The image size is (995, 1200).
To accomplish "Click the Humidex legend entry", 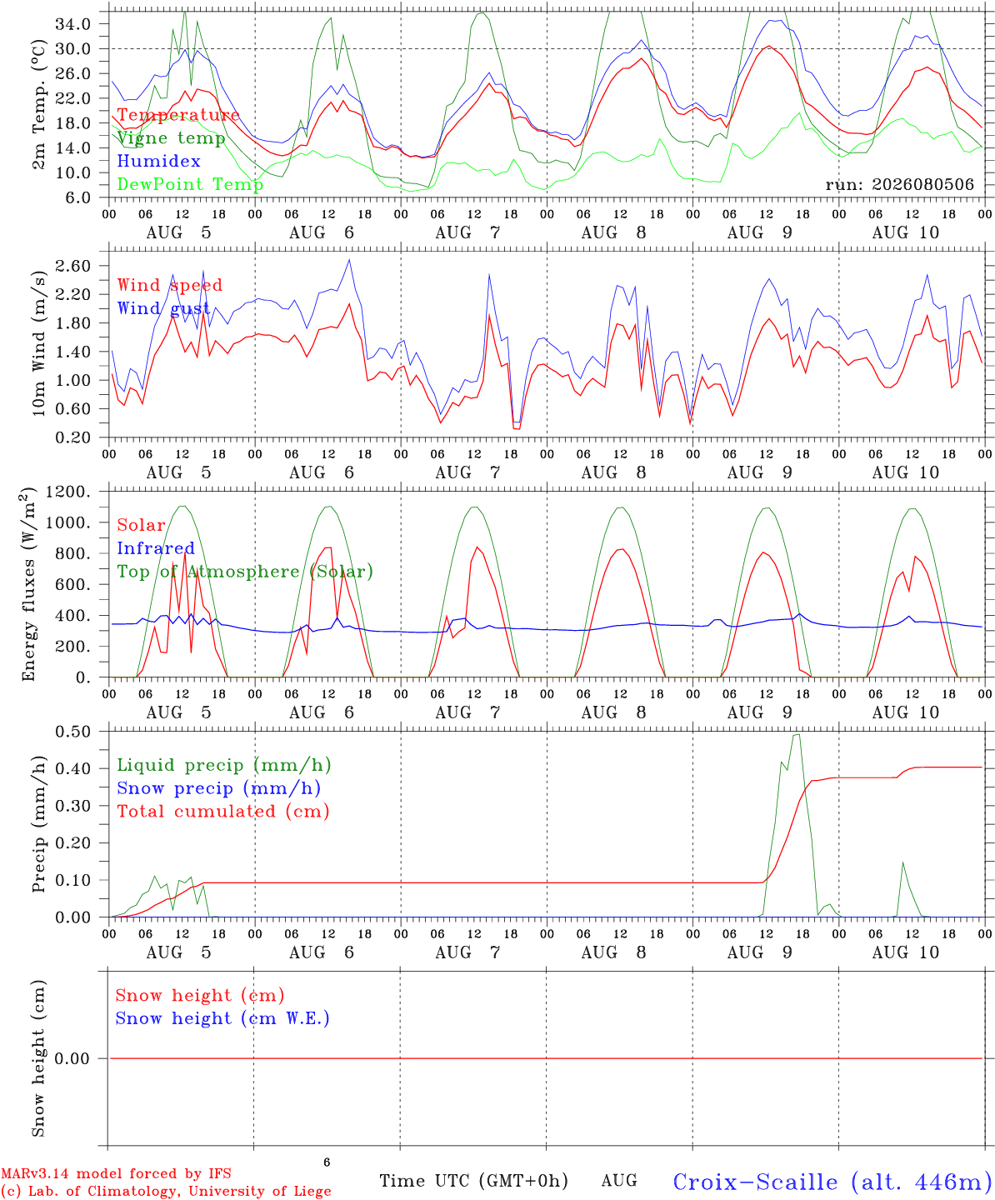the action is click(158, 161).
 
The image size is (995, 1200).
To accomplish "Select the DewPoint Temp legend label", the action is click(190, 184).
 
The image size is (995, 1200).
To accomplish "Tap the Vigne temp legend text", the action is click(172, 138).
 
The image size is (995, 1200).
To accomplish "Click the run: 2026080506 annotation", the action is click(899, 184).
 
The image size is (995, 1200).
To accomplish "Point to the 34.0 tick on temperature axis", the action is click(72, 24).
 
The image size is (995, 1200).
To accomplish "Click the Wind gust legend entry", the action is click(164, 308).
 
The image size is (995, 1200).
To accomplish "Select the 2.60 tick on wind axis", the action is click(72, 266).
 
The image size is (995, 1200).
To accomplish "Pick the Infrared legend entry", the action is click(156, 548).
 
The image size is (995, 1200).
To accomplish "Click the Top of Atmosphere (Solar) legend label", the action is click(246, 572).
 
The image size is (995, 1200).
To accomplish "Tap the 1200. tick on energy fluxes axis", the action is click(67, 492).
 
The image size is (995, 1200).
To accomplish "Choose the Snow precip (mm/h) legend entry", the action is click(218, 788).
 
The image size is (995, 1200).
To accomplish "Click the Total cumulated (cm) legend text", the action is click(223, 811).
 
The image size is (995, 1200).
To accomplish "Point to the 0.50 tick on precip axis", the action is click(72, 732).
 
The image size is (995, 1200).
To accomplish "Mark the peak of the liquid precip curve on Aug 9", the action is click(797, 734).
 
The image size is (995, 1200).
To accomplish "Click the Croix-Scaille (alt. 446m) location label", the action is click(832, 1182).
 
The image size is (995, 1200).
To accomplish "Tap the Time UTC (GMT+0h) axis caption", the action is click(473, 1181).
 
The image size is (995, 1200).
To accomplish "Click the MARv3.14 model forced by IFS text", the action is click(116, 1173).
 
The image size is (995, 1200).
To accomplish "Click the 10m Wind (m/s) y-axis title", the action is click(38, 342).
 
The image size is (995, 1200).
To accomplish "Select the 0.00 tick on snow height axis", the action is click(72, 1058).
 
